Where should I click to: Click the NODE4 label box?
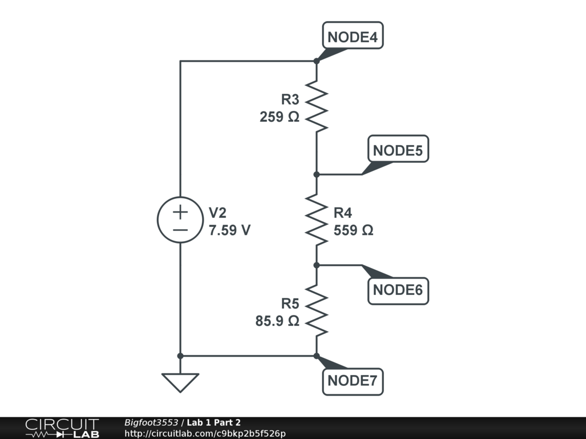(x=353, y=38)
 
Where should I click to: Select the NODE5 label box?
(x=398, y=150)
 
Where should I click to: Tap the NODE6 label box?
(x=398, y=290)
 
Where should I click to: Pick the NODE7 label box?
(x=353, y=381)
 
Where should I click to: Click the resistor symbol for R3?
(x=316, y=106)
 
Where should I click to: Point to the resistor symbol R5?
(x=316, y=311)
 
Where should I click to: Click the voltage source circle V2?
(x=180, y=220)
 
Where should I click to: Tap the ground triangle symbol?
(x=180, y=382)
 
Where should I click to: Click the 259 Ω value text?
(x=279, y=117)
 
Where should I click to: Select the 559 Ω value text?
(x=353, y=230)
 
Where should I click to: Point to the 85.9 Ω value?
(x=277, y=321)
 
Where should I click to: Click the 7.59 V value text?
(x=229, y=230)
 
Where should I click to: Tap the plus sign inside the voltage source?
(x=180, y=212)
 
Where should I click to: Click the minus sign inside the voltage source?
(x=180, y=230)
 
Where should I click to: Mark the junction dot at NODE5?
(x=316, y=174)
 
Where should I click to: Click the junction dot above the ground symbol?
(x=180, y=356)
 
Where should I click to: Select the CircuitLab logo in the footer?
(x=62, y=428)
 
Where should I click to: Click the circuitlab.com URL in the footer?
(x=204, y=433)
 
